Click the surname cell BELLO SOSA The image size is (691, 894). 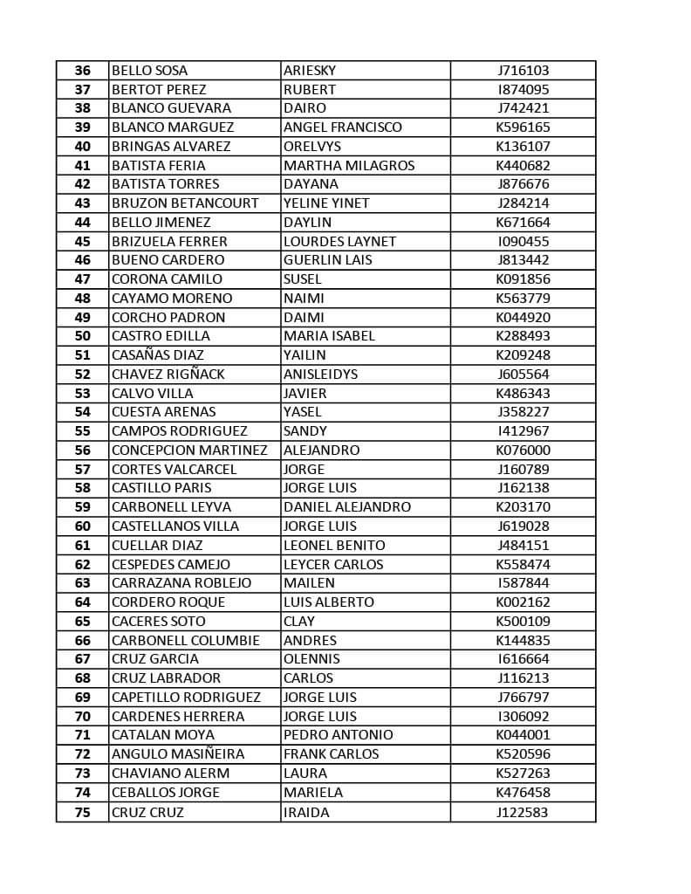tap(149, 71)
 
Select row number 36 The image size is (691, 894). tap(83, 71)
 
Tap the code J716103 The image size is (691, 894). tap(523, 71)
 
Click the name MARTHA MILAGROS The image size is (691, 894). tap(349, 166)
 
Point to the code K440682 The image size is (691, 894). tap(523, 166)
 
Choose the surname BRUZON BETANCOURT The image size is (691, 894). tap(185, 203)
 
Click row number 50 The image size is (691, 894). tap(83, 336)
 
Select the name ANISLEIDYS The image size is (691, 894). tap(320, 375)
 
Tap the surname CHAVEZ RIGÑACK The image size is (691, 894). tap(168, 375)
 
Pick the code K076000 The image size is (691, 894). tap(523, 450)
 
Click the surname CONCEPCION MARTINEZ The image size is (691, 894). tap(189, 450)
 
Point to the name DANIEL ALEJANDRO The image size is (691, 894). tap(347, 507)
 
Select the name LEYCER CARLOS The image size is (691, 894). tap(333, 565)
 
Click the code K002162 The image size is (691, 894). tap(523, 602)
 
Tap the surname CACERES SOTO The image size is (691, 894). tap(159, 622)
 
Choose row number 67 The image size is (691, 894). tap(83, 659)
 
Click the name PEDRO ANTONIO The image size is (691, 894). tap(339, 735)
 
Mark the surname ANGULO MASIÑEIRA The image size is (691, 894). tap(178, 754)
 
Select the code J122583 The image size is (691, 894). tap(523, 813)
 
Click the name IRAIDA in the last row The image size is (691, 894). tap(306, 813)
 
